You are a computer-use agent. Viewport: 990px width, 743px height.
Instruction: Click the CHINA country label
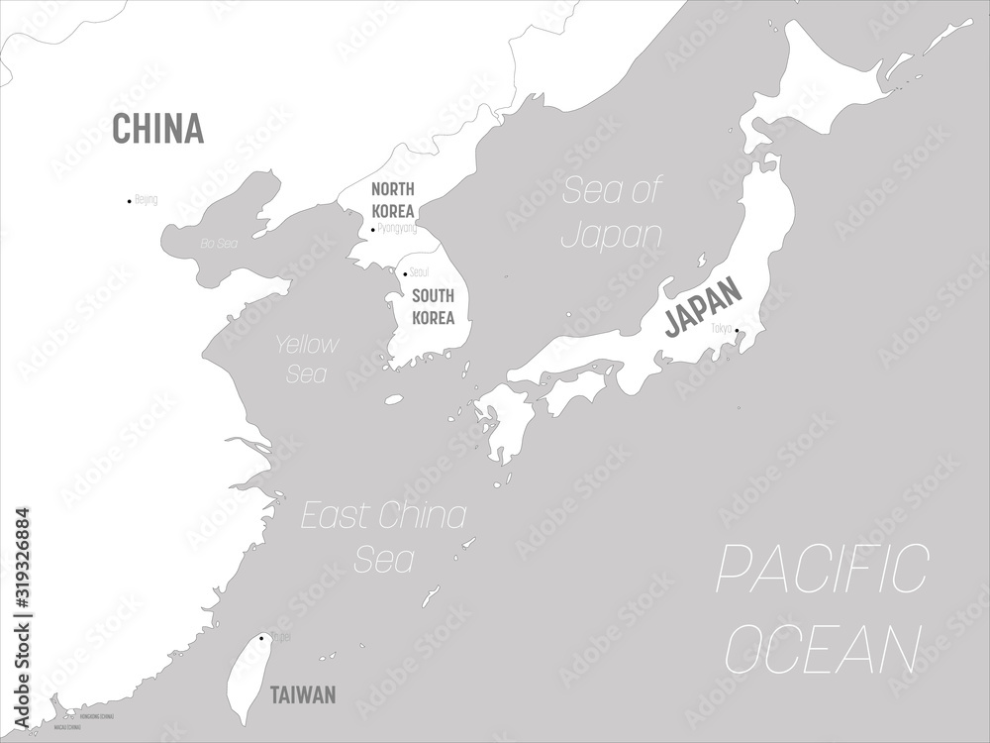click(157, 129)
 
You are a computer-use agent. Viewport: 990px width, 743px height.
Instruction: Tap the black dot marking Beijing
click(129, 201)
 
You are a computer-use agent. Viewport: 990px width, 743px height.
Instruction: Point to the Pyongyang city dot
click(373, 230)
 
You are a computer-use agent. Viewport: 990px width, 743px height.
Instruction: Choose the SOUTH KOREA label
click(433, 306)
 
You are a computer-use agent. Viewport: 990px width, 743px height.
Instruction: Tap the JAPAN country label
click(702, 307)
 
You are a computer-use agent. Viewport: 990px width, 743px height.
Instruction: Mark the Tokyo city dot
click(737, 331)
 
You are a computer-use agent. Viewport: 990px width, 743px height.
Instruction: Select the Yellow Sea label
click(306, 359)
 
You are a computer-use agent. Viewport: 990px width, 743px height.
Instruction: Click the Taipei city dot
click(260, 638)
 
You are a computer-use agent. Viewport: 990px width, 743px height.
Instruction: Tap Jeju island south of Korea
click(394, 400)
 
